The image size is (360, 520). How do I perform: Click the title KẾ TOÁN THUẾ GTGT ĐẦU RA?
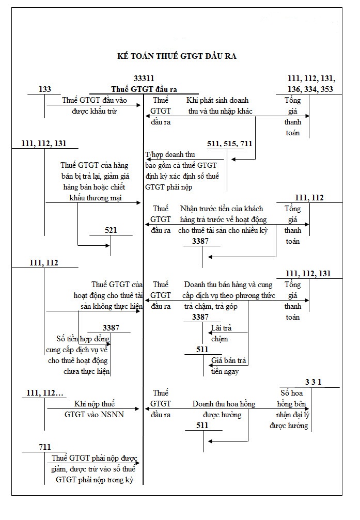click(x=177, y=56)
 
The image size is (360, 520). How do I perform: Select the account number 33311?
click(x=144, y=78)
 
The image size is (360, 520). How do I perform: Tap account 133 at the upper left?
click(x=45, y=89)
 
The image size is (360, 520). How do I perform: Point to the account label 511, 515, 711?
click(x=230, y=144)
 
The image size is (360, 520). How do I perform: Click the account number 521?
click(x=111, y=230)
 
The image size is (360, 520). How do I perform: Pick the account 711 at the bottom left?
click(x=45, y=446)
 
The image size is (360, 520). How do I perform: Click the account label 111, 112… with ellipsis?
click(x=45, y=394)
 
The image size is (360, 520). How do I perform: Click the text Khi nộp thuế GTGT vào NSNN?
click(x=95, y=409)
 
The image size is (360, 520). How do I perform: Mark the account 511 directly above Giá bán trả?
click(x=202, y=350)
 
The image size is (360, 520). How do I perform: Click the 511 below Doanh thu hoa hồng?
click(x=202, y=425)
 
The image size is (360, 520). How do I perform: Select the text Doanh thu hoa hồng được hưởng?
click(x=224, y=409)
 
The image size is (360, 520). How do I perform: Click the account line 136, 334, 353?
click(x=310, y=89)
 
